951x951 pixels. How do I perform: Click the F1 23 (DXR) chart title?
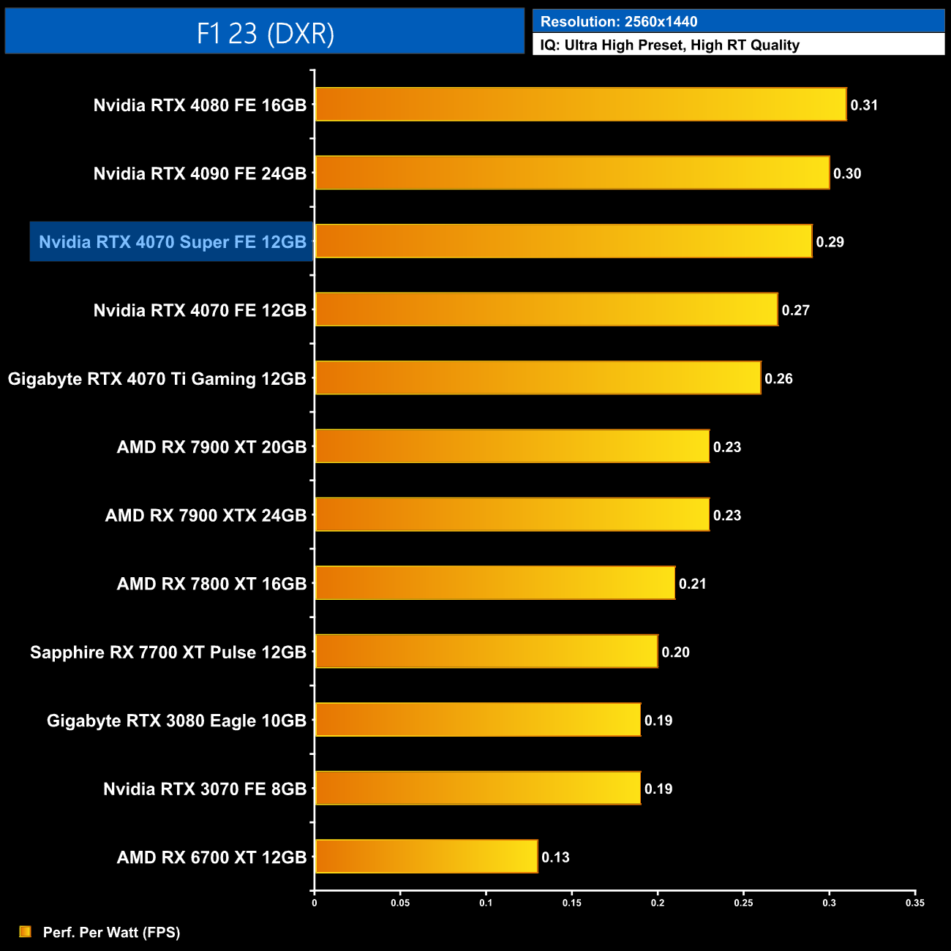click(x=265, y=33)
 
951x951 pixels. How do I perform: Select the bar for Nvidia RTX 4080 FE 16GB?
click(x=580, y=105)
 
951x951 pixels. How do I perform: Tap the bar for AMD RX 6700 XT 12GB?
click(x=426, y=857)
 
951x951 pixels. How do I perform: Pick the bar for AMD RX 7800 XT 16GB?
click(x=495, y=583)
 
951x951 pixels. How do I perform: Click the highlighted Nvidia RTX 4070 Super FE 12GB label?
click(x=172, y=242)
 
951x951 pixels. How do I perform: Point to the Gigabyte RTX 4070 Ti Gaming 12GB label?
click(x=157, y=379)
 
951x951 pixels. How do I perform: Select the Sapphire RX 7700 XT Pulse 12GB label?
click(x=168, y=653)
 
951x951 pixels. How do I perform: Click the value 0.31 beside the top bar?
click(x=864, y=105)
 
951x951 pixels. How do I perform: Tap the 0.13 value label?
click(x=555, y=857)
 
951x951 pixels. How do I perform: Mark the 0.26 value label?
click(x=778, y=379)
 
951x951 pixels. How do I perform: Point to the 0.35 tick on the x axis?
click(x=915, y=903)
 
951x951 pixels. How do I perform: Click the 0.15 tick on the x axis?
click(x=572, y=903)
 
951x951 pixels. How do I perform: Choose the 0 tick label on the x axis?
click(x=315, y=903)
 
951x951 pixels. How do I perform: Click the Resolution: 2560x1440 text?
click(x=619, y=22)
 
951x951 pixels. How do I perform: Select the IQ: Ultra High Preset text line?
click(x=669, y=45)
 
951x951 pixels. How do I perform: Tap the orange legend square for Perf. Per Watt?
click(x=26, y=931)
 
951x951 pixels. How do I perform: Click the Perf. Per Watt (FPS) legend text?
click(x=111, y=932)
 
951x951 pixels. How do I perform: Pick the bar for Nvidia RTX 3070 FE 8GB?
click(x=478, y=789)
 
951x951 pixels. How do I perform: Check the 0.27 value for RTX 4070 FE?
click(x=795, y=310)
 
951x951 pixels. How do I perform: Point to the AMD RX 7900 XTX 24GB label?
click(x=206, y=516)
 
